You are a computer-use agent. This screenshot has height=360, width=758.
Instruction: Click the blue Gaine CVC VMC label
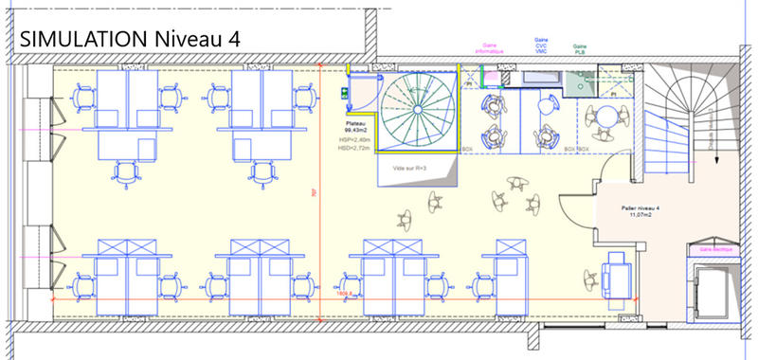pos(539,47)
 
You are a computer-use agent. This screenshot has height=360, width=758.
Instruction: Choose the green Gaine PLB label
pos(578,47)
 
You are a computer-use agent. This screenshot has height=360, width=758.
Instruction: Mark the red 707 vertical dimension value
pos(314,192)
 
